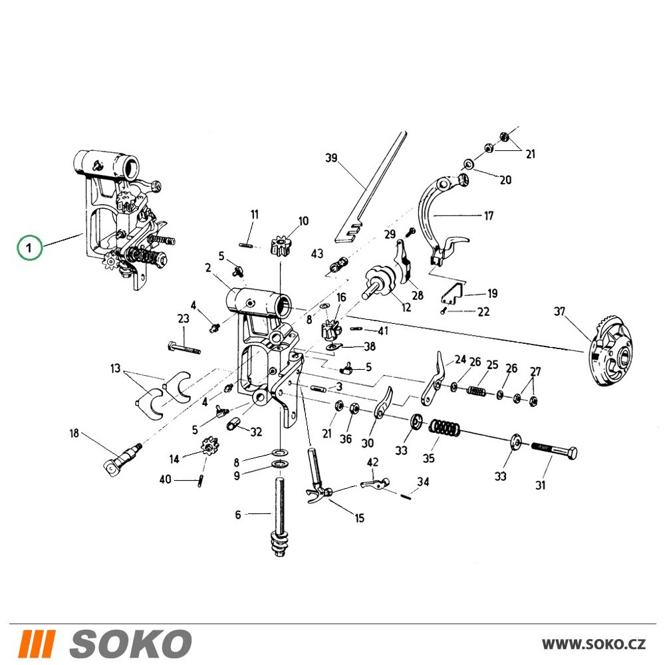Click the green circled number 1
click(x=30, y=247)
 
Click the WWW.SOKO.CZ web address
click(x=594, y=644)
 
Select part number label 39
click(x=331, y=158)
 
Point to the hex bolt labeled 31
click(x=554, y=450)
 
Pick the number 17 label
click(x=489, y=216)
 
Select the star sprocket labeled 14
click(x=208, y=447)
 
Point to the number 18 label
click(x=74, y=433)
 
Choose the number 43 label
click(x=317, y=253)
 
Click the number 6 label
click(x=238, y=515)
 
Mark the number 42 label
click(x=372, y=462)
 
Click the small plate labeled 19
click(x=452, y=293)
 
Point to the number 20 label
click(x=505, y=180)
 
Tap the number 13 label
click(x=115, y=368)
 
